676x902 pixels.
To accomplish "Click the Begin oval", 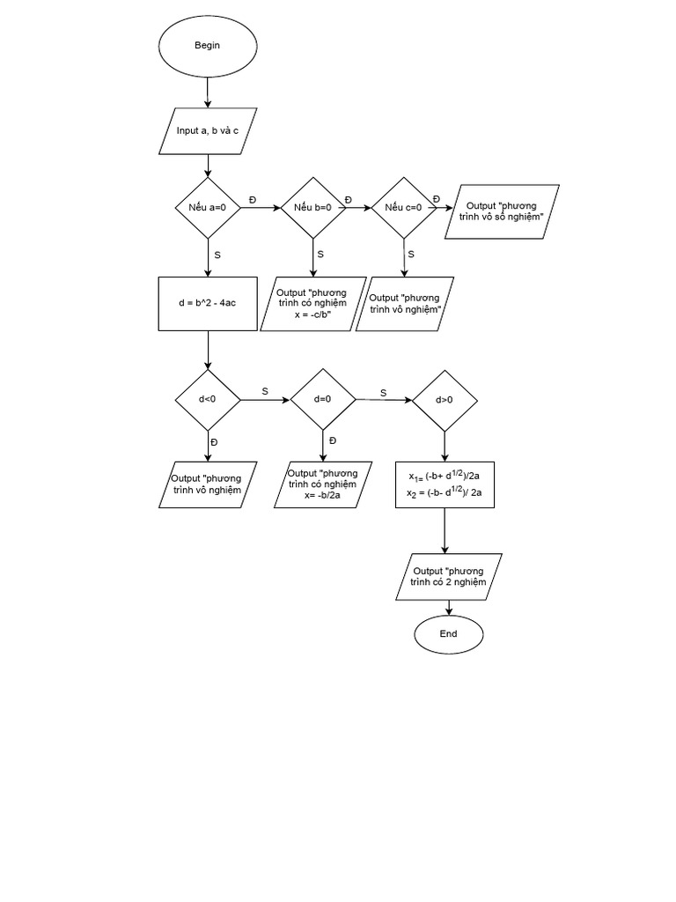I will pos(208,46).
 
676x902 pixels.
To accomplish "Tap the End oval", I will pos(448,633).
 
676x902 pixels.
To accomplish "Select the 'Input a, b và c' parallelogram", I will pos(208,130).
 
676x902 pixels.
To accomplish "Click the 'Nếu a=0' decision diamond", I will pos(208,208).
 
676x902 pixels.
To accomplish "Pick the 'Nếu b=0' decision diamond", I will pos(312,208).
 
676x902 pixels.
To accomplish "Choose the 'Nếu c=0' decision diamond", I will pos(404,208).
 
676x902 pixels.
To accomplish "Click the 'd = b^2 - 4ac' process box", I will pos(208,304).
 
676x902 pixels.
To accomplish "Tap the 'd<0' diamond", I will pos(208,399).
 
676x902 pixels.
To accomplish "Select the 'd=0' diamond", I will pos(323,399).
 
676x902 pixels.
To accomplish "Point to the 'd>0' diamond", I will pos(445,399).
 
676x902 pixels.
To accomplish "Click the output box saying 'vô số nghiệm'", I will pos(503,211).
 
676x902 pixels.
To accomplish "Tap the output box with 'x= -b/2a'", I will pos(323,484).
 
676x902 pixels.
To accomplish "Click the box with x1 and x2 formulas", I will pos(445,484).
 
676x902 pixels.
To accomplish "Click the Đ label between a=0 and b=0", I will pos(253,200).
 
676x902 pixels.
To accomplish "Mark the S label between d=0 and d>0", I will pos(383,393).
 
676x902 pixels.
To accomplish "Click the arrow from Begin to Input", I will pos(208,92).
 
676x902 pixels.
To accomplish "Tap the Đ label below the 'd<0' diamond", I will pos(214,441).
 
